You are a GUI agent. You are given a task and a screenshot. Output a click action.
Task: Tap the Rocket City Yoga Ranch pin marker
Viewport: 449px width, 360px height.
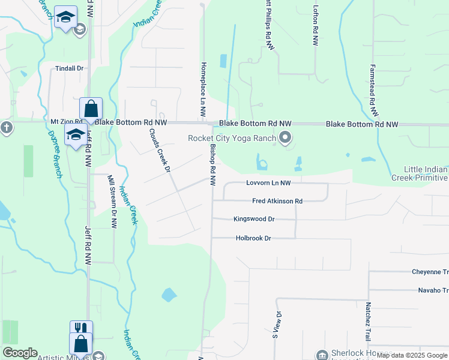285,139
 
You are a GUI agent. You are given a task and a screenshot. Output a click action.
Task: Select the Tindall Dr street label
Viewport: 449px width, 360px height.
69,68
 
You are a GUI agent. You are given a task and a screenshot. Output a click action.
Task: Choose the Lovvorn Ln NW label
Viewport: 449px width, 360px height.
268,183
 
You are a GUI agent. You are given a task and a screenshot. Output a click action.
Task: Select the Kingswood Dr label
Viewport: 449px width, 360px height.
253,220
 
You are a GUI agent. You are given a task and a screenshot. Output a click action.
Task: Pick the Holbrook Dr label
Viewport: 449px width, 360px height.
253,238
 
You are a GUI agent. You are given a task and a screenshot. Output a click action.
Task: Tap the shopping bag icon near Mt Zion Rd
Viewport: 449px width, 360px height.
91,109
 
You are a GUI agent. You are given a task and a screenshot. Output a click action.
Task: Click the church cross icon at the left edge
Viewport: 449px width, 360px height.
6,127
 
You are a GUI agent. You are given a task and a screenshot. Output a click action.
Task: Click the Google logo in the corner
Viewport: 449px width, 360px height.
20,353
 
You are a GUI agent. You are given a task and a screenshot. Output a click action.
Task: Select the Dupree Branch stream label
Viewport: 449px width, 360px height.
53,150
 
